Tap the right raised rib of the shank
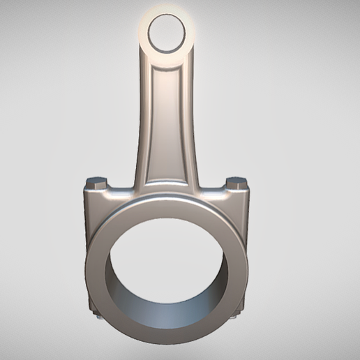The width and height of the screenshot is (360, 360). [x=187, y=119]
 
